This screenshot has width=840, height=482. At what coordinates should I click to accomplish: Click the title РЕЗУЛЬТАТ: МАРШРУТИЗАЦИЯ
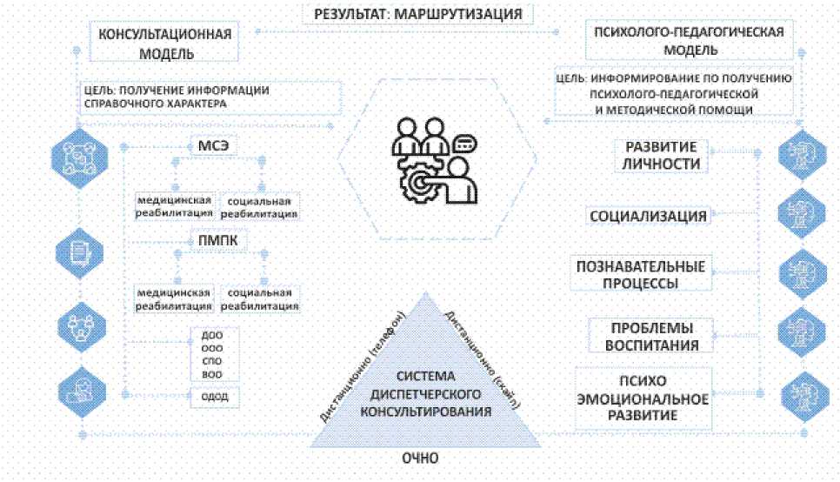point(417,13)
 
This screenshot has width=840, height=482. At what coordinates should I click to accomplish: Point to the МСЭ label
point(214,146)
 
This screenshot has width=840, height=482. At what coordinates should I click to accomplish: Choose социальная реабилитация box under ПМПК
point(259,298)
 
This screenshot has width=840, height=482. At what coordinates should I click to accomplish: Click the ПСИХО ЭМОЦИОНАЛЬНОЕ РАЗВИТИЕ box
point(644,398)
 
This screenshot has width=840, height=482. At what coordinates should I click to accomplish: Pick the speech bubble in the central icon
point(463,143)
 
